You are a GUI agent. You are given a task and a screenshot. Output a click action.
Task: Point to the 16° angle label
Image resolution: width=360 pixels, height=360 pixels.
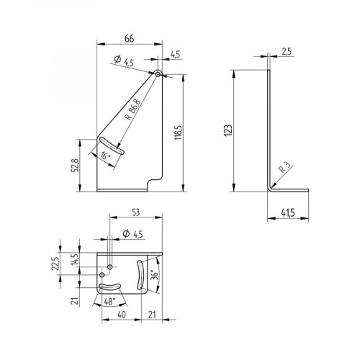tap(105, 155)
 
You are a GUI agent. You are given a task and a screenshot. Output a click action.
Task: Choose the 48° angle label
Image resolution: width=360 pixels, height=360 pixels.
tap(109, 304)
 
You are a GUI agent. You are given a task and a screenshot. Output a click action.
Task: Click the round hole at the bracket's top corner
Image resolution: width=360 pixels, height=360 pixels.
tap(158, 73)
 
